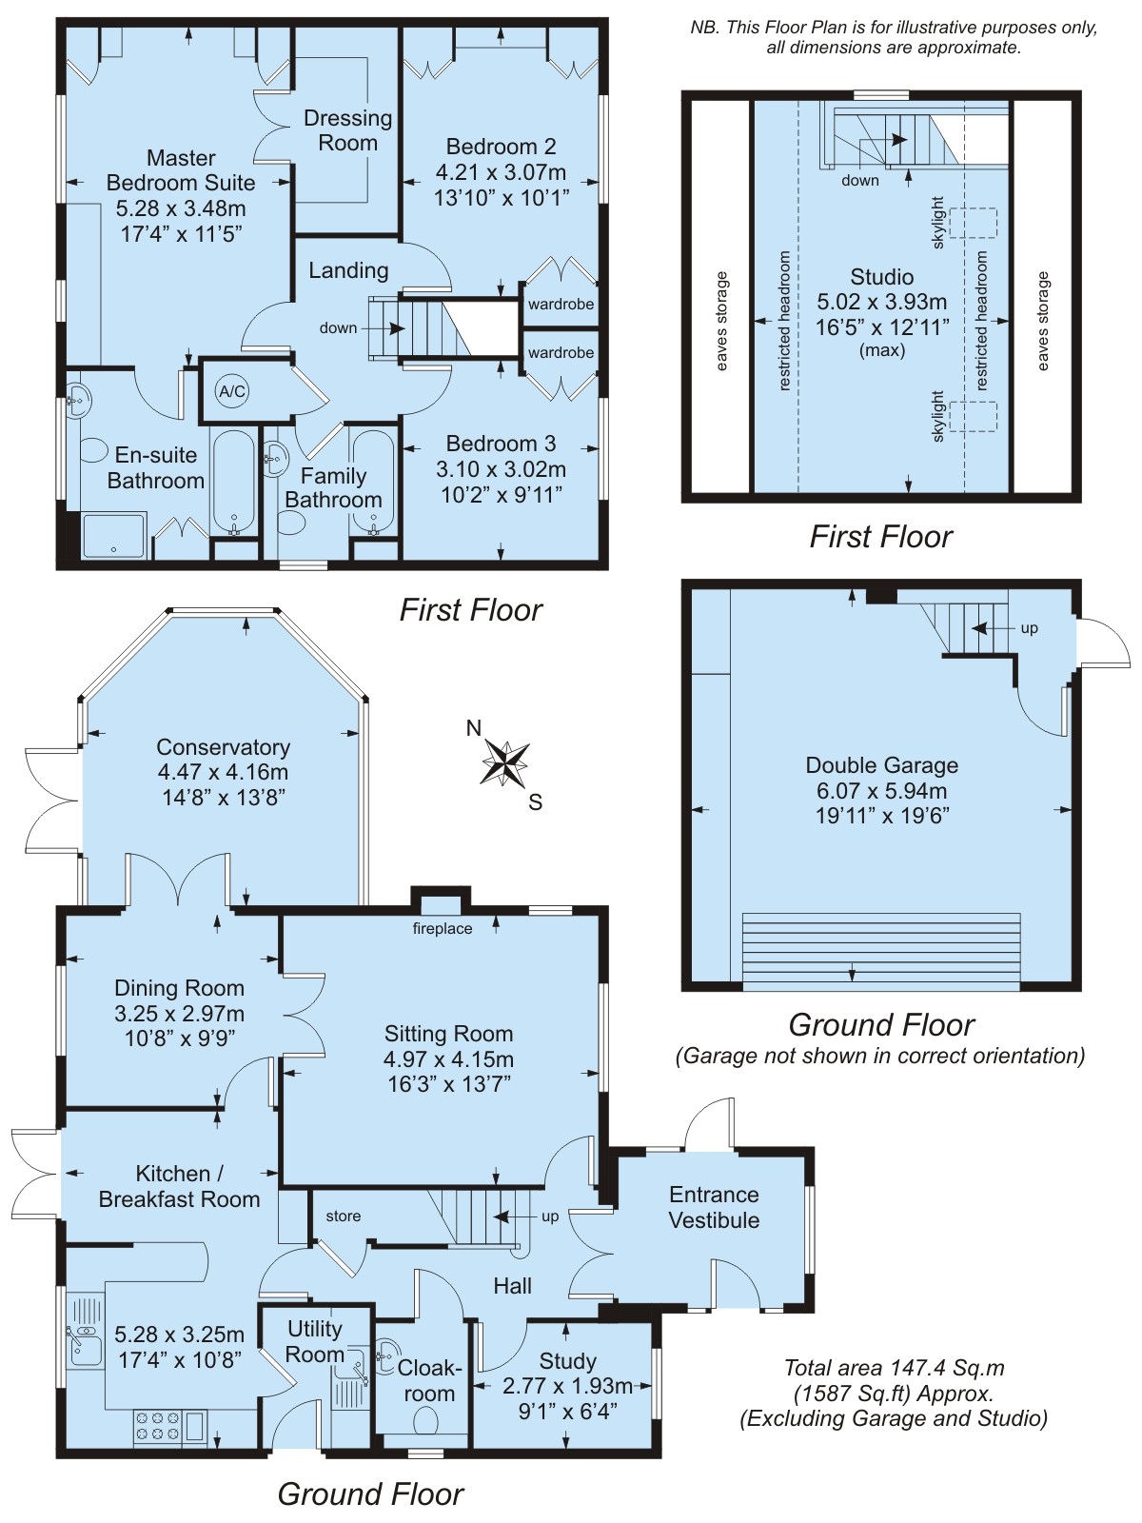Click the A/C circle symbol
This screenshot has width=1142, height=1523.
(232, 391)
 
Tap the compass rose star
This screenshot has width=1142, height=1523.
(505, 761)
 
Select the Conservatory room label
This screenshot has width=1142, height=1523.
(224, 746)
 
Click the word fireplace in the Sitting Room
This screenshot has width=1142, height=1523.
(443, 928)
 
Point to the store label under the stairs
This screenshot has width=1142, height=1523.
(344, 1216)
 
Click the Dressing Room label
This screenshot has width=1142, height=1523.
(348, 130)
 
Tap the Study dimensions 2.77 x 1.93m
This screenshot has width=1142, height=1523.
(567, 1386)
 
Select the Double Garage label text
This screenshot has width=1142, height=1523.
(882, 764)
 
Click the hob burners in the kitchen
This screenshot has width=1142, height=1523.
(157, 1427)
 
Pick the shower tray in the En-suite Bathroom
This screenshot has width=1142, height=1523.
(114, 536)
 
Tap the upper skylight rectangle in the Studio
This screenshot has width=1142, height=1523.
(974, 223)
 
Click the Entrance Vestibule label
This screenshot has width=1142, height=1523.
(714, 1207)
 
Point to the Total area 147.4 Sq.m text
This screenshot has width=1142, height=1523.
(894, 1368)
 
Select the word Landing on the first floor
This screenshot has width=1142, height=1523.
(348, 270)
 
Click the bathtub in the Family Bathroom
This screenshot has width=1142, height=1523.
(373, 484)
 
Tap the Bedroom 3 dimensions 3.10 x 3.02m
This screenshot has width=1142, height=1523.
(501, 469)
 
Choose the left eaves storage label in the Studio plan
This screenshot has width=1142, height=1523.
(721, 321)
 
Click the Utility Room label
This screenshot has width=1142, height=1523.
(316, 1341)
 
